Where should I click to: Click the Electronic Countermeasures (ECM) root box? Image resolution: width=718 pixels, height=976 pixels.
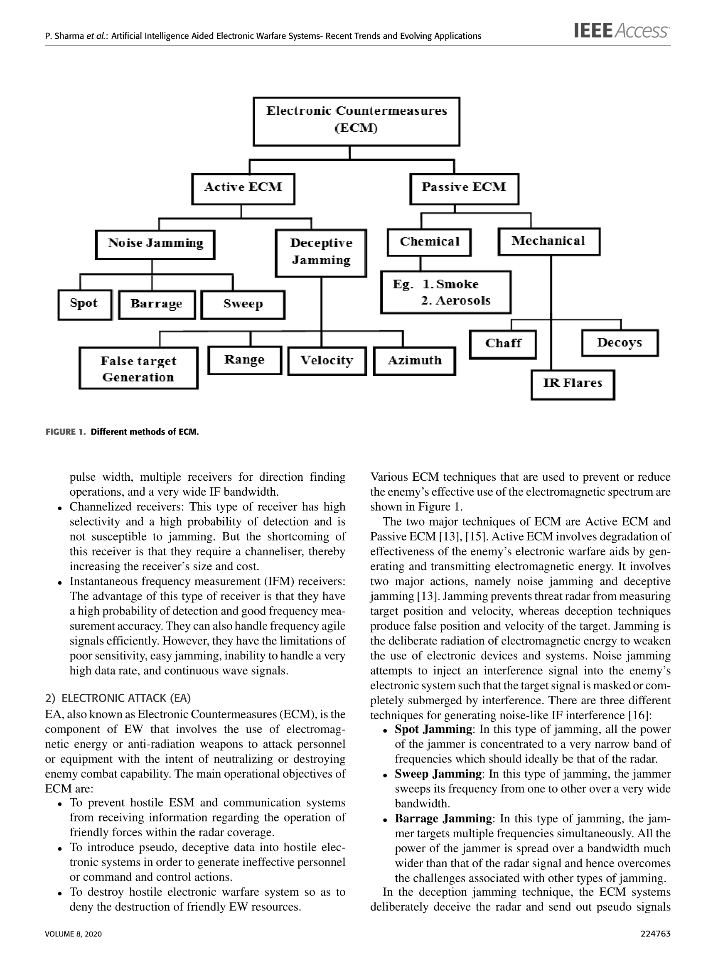(357, 121)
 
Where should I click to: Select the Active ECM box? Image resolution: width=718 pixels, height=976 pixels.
(243, 189)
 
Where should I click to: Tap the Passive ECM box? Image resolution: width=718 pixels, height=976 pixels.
(464, 189)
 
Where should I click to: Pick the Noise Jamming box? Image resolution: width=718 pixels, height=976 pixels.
(155, 245)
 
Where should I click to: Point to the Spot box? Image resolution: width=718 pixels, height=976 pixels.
(85, 305)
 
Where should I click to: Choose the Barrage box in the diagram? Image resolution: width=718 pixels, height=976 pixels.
(157, 305)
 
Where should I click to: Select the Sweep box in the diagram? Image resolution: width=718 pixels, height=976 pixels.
(243, 305)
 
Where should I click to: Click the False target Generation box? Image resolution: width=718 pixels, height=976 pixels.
(138, 368)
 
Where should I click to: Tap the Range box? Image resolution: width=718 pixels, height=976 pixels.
(245, 360)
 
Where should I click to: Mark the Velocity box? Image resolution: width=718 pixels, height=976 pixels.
(327, 361)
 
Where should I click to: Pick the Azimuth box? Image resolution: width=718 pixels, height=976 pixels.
(415, 361)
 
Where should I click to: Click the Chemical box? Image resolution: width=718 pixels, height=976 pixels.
(429, 243)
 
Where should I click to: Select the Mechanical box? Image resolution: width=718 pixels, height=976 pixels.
(548, 241)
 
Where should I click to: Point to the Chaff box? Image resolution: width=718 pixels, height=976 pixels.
(503, 344)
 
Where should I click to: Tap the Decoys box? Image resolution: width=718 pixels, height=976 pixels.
(620, 343)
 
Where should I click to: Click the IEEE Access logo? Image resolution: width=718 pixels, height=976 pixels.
(622, 31)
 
